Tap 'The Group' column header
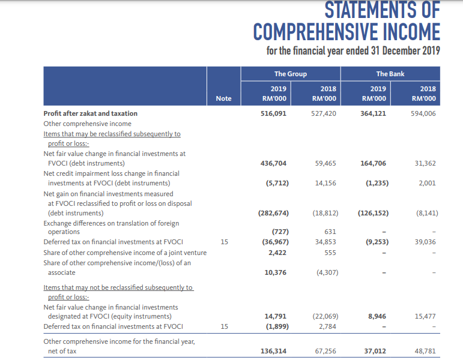[291, 74]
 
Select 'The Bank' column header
[390, 74]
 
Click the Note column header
[223, 98]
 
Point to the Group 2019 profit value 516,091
[273, 113]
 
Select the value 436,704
[273, 163]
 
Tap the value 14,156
[325, 183]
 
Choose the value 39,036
[425, 242]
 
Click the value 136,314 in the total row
[273, 351]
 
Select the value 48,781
[425, 351]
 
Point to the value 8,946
[377, 316]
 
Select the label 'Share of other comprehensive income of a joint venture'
[125, 253]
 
